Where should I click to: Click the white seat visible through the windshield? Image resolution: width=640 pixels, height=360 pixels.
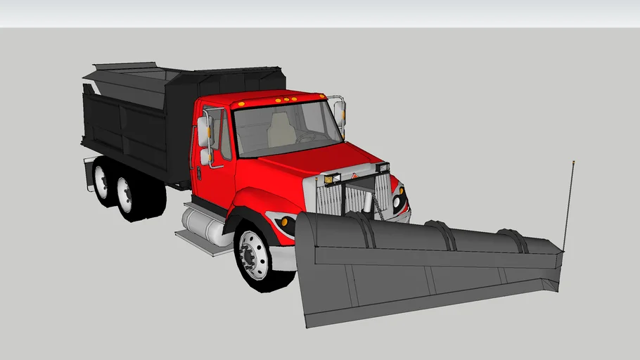click(281, 130)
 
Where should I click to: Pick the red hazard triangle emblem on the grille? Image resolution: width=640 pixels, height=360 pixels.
click(356, 176)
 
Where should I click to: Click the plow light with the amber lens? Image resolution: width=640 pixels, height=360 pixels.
click(328, 179)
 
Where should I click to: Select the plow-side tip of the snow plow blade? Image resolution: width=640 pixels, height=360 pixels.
click(559, 274)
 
